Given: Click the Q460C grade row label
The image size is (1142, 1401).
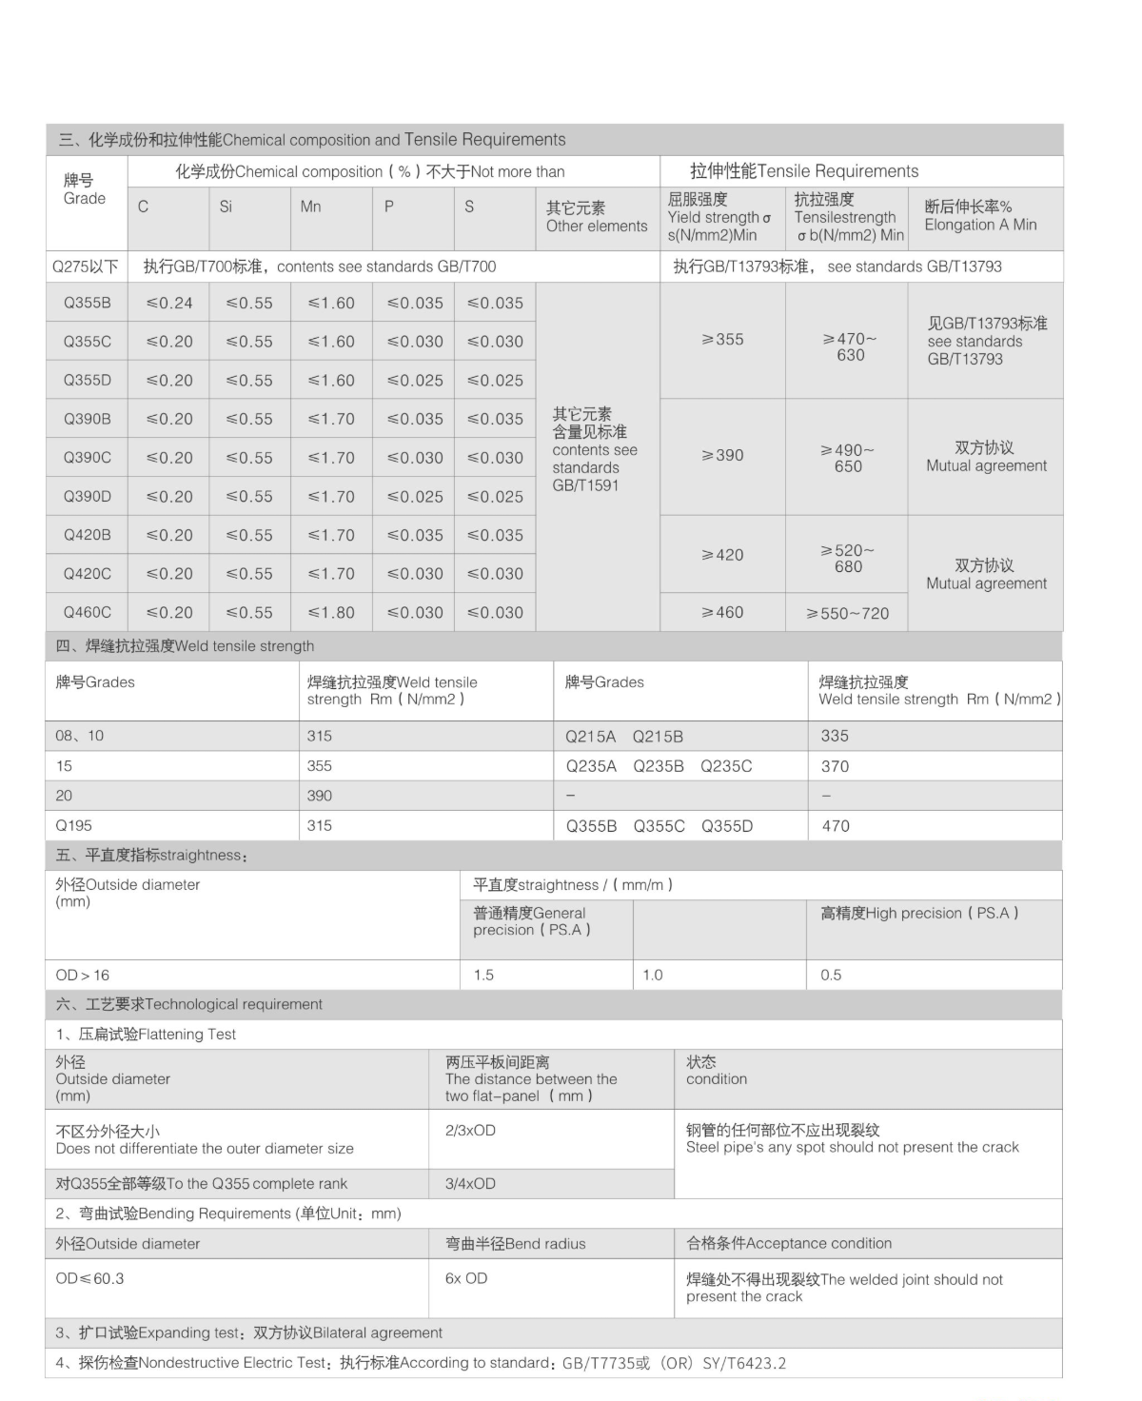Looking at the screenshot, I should (87, 612).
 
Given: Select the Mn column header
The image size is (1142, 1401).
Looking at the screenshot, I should (310, 207).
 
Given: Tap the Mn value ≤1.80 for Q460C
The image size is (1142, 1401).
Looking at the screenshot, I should (331, 612).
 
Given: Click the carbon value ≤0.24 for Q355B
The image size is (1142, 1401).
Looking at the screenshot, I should (169, 303).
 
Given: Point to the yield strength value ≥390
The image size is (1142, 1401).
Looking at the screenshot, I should (722, 455).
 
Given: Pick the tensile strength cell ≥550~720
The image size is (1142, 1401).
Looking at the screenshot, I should (847, 613).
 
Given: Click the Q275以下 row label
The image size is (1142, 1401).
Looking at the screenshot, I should (86, 266).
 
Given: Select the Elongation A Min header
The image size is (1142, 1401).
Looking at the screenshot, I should (980, 216).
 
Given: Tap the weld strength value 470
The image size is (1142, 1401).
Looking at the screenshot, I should (836, 826).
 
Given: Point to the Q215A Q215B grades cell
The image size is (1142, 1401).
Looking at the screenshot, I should (624, 736).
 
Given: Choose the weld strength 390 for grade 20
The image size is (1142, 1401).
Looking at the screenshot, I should (320, 796).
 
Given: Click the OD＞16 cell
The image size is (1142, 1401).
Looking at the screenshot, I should (83, 975).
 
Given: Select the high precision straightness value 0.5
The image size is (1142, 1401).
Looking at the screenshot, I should (831, 975).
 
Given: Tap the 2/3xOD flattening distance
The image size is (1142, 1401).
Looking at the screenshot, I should (470, 1130).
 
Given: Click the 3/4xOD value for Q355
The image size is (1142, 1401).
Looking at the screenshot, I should (470, 1183).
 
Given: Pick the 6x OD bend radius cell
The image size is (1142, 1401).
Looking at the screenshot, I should (466, 1278).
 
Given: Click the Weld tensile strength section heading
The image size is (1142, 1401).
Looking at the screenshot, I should (186, 645).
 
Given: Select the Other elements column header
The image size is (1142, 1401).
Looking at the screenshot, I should (596, 217).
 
